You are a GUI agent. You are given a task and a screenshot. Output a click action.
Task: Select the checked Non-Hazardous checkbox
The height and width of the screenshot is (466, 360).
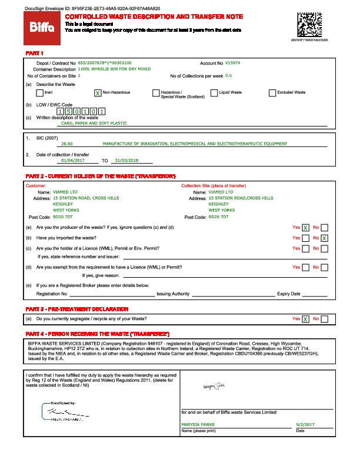[98, 93]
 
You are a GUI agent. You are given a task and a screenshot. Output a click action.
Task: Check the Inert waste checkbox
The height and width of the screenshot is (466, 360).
[39, 93]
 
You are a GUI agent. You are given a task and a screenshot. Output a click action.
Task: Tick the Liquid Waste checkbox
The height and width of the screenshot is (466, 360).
[214, 93]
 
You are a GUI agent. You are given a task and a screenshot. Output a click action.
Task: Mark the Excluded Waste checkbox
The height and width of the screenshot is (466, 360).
[272, 93]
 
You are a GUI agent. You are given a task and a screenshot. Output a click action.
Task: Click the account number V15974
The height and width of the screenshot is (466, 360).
[233, 62]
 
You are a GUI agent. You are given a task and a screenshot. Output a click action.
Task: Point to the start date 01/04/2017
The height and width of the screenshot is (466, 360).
[73, 160]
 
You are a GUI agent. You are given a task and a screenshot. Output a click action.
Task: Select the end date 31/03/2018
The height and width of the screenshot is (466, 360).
[126, 160]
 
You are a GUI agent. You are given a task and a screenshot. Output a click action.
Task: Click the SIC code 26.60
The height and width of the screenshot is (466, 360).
[67, 144]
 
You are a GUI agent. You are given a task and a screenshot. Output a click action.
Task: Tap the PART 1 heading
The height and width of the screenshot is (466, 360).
[35, 54]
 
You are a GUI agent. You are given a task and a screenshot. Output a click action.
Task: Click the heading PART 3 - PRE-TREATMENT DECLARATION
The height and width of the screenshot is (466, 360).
[76, 309]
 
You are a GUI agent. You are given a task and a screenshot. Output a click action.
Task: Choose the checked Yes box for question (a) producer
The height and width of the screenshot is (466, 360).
[306, 228]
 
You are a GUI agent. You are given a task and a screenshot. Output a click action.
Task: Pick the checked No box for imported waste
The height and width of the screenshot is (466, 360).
[325, 238]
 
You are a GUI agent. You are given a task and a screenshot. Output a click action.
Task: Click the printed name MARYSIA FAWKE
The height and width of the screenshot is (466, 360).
[198, 424]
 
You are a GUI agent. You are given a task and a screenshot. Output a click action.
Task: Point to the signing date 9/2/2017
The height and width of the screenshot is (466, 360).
[306, 424]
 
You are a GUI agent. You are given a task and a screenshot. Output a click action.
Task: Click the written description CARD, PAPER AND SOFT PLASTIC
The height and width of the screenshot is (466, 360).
[94, 124]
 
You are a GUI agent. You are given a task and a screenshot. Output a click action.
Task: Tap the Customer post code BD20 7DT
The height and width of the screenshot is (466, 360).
[63, 217]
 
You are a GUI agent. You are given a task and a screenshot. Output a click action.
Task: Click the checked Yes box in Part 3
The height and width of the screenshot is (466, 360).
[306, 319]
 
